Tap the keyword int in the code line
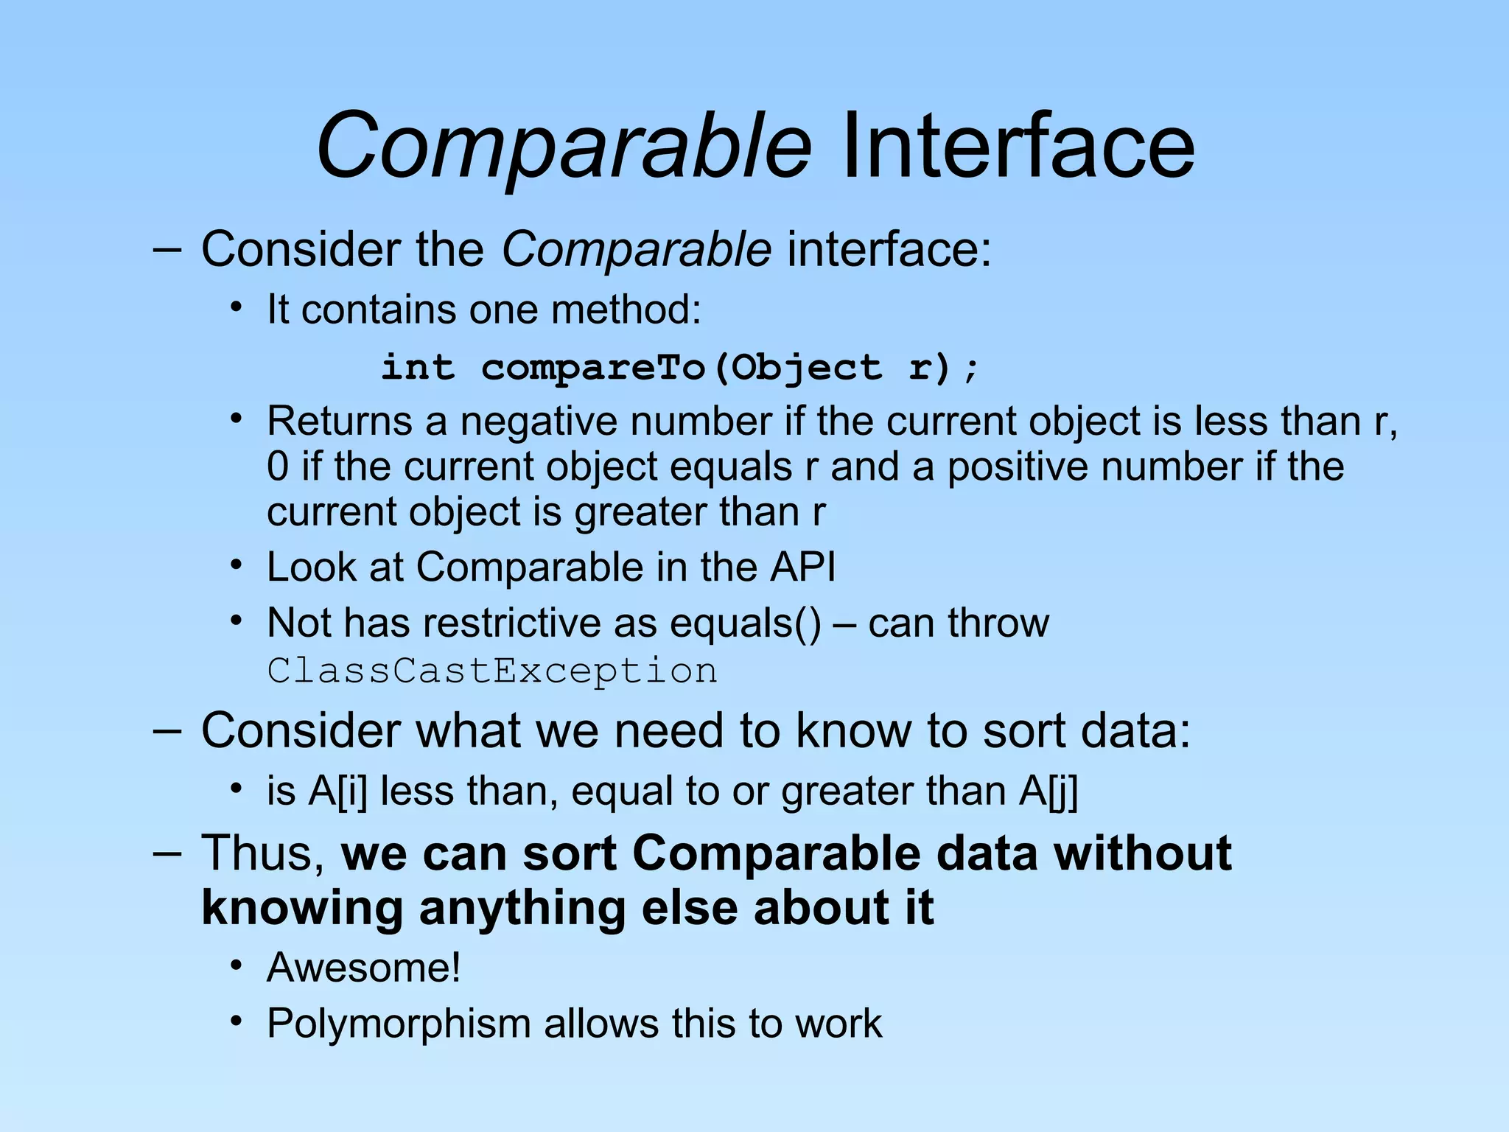[418, 367]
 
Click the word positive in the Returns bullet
[1018, 467]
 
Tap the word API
[802, 567]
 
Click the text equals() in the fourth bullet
[745, 623]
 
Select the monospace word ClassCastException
[492, 671]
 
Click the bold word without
[1142, 853]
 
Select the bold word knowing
[302, 908]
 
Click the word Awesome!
[364, 968]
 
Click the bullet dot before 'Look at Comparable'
[236, 566]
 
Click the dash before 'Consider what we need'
[167, 731]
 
